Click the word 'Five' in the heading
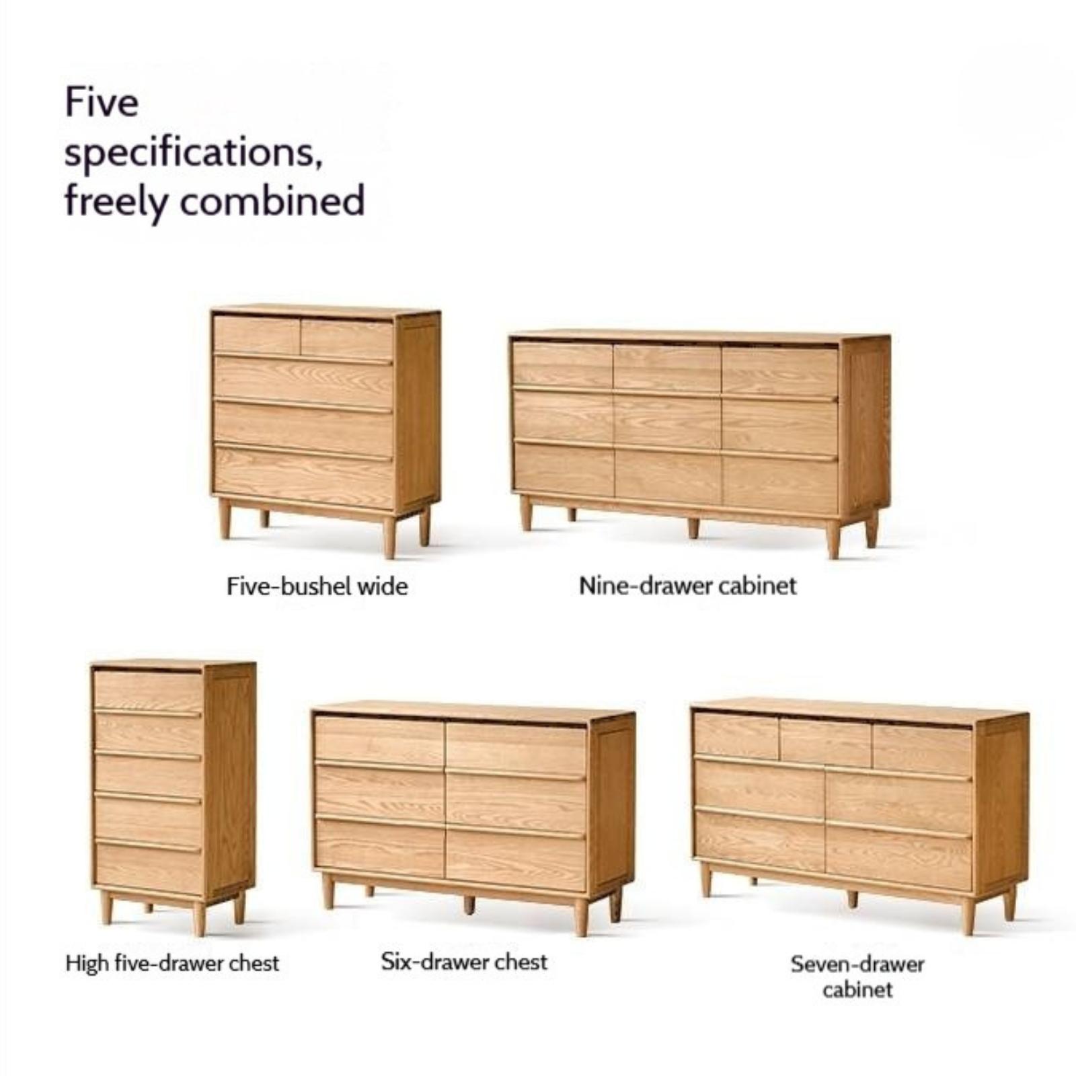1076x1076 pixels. click(102, 103)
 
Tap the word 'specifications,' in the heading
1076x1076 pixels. click(193, 154)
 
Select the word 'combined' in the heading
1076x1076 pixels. click(273, 201)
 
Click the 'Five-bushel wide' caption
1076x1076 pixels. click(317, 586)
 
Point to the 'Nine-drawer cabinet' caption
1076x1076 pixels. click(687, 586)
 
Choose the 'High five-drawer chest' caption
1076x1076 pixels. click(172, 963)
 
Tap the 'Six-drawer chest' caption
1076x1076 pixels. click(464, 962)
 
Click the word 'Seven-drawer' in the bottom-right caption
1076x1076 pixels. click(857, 964)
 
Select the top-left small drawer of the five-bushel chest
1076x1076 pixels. click(256, 334)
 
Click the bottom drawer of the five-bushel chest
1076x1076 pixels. click(303, 477)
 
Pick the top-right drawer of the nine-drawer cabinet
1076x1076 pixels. click(780, 371)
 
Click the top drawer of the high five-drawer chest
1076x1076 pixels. click(147, 689)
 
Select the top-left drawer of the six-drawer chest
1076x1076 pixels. click(379, 740)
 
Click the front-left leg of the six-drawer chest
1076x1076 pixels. click(328, 892)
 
